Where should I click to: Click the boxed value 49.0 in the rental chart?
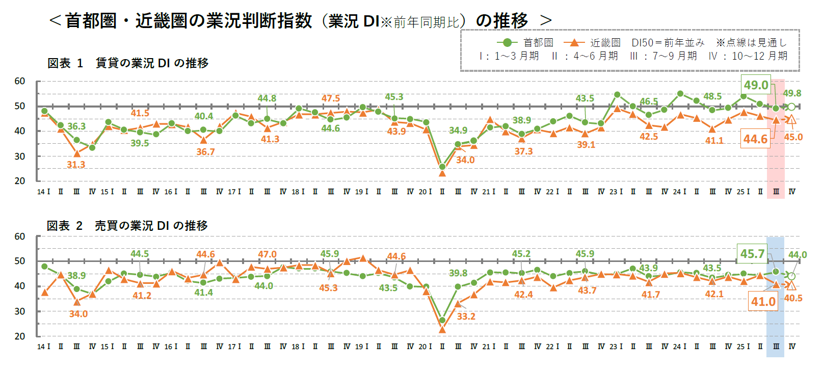click(x=756, y=85)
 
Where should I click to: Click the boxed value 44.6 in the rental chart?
click(x=755, y=139)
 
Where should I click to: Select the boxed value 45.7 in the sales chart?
click(x=752, y=254)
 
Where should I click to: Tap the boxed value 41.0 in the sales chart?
click(x=763, y=302)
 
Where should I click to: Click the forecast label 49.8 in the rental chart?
click(x=792, y=93)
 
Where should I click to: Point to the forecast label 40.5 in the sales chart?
click(x=793, y=298)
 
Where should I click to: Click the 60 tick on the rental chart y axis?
click(x=20, y=81)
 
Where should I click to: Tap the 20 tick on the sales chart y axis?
click(x=20, y=336)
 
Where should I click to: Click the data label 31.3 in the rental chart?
click(x=76, y=165)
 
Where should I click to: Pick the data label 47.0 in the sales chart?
click(x=267, y=254)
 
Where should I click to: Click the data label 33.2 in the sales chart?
click(x=466, y=317)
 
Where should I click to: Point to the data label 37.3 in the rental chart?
click(x=523, y=151)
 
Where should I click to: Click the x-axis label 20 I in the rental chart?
click(x=425, y=192)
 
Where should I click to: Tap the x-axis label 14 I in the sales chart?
click(x=43, y=347)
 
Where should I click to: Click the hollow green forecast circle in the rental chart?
click(x=791, y=107)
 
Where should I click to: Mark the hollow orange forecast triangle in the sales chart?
click(x=791, y=286)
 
